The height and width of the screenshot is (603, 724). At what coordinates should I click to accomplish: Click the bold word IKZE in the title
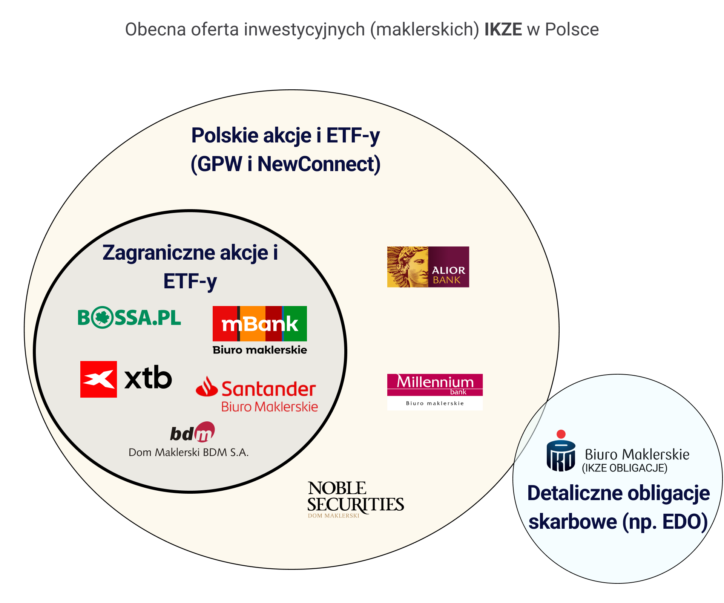point(503,29)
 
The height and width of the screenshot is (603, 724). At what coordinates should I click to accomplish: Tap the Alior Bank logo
point(428,267)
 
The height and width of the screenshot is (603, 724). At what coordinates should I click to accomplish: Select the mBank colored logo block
point(259,323)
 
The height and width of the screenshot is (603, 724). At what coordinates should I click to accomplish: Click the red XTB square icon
point(98,379)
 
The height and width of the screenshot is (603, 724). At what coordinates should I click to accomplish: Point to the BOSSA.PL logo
point(129,317)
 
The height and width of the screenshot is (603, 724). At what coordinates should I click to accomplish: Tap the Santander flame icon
point(207,387)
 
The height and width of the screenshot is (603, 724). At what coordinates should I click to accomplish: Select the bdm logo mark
point(193,432)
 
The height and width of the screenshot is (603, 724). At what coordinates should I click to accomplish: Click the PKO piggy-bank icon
point(561,456)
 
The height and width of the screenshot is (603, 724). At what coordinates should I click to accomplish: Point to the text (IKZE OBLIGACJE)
point(624,468)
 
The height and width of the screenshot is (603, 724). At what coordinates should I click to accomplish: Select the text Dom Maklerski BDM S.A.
point(189,452)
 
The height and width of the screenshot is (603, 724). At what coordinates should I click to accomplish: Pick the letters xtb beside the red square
point(148,378)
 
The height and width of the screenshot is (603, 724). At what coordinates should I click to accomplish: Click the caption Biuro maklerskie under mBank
point(259,350)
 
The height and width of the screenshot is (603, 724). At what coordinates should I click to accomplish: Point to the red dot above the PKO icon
point(561,434)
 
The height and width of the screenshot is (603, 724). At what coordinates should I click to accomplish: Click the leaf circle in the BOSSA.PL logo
point(102,317)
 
